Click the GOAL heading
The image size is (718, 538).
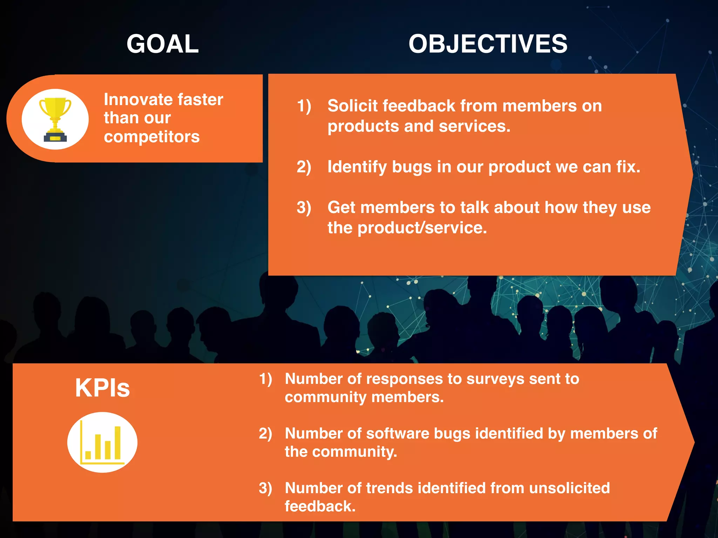(x=163, y=44)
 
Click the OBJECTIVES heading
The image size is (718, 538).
(x=488, y=44)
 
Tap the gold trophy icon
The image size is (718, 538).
(x=55, y=119)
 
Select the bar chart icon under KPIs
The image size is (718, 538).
(x=102, y=443)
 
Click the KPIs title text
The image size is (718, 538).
(x=102, y=388)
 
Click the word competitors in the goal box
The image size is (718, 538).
(x=151, y=137)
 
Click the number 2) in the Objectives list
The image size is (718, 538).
(x=304, y=167)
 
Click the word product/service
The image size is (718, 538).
(x=422, y=228)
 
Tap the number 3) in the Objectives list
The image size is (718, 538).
(x=304, y=207)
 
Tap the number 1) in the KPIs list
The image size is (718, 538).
(x=265, y=379)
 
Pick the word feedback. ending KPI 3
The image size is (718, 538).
(x=320, y=506)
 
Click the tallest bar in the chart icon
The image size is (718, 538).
(x=117, y=443)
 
